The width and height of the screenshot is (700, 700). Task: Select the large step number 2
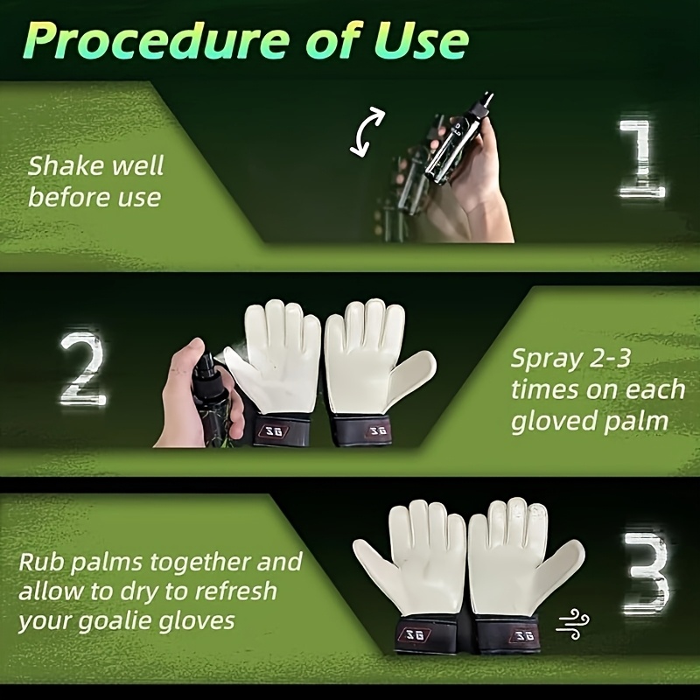point(83,368)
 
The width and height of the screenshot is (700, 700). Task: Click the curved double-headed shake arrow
point(366,132)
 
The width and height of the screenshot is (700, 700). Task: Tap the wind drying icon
point(573,623)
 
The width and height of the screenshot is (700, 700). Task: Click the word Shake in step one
point(66,165)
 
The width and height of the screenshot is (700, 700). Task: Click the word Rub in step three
point(42,562)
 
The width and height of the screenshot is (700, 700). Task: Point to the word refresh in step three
point(236,591)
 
